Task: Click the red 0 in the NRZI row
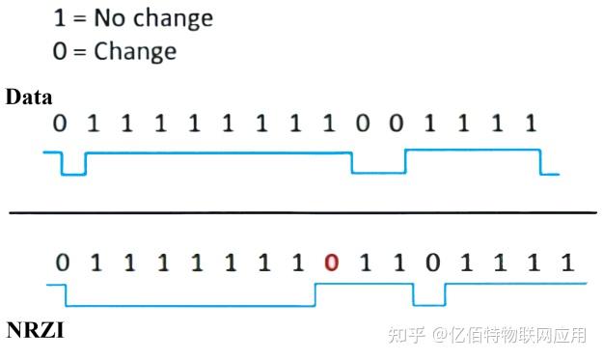coord(332,263)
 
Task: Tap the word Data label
coord(29,97)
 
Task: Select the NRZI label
coord(36,331)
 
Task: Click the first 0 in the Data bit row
coord(60,125)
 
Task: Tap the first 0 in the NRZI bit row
coord(63,263)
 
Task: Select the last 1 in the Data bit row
coord(529,125)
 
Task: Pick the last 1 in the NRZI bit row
coord(567,263)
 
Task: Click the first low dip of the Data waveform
coord(73,174)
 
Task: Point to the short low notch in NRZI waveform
coord(428,304)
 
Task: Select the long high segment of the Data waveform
coord(217,152)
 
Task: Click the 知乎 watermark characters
coord(406,335)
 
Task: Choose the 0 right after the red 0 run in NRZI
coord(433,263)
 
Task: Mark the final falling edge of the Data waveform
coord(540,161)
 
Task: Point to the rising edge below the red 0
coord(315,294)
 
